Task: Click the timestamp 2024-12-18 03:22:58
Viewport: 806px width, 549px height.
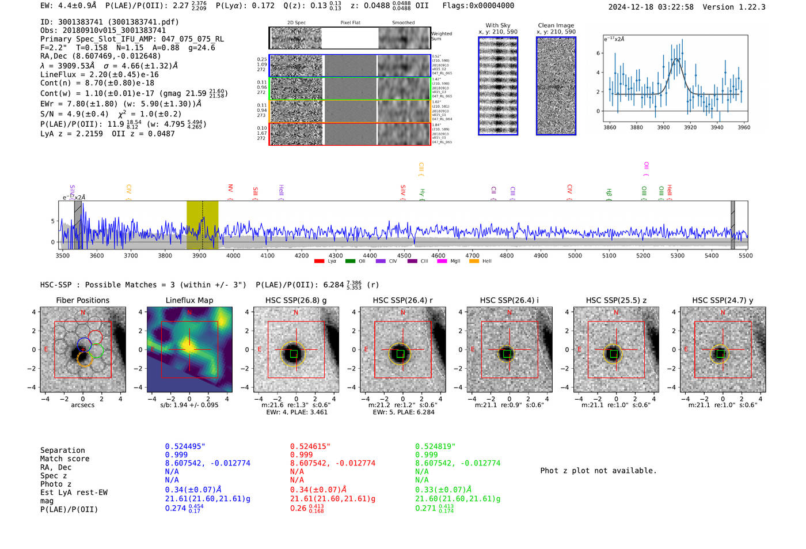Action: point(651,7)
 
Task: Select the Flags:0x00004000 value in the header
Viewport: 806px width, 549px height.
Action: point(478,6)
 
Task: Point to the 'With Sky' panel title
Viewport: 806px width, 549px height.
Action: point(497,25)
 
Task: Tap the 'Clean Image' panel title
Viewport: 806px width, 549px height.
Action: point(556,25)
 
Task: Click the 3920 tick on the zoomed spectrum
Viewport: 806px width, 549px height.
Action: point(690,127)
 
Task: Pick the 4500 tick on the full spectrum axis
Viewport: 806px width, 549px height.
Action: point(404,256)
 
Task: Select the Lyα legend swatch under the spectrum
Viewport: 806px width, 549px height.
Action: point(319,262)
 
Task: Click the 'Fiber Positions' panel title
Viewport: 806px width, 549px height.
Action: point(82,300)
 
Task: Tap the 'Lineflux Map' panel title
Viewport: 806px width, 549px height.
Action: point(189,300)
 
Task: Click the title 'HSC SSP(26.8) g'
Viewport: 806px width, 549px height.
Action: point(295,300)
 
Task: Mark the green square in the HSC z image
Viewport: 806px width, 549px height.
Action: point(613,354)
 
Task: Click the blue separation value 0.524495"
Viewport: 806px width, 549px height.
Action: point(185,446)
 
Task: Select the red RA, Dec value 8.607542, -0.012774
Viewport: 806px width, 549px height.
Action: point(332,463)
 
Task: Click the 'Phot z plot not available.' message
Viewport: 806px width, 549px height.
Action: point(598,471)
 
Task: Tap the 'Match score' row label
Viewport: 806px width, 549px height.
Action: point(64,459)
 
